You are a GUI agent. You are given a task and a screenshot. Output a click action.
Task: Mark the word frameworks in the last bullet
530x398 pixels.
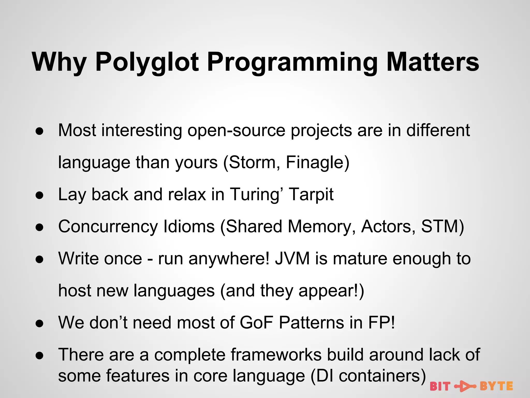(x=276, y=355)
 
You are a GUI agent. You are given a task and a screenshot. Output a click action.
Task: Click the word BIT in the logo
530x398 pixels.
(x=440, y=386)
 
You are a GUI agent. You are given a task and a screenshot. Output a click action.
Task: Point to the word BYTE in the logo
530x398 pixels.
(x=496, y=386)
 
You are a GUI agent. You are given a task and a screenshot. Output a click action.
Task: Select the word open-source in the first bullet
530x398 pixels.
(x=236, y=130)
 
